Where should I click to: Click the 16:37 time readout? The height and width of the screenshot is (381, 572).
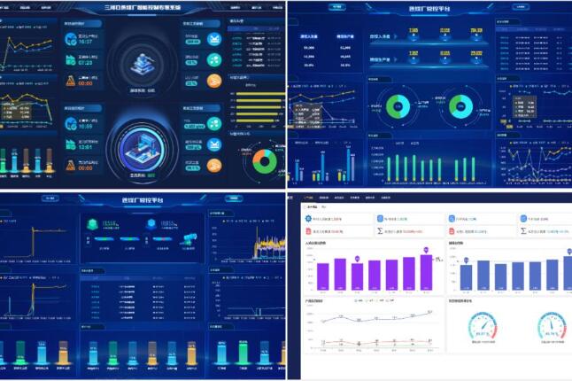click(86, 41)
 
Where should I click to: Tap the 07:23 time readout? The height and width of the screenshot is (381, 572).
click(86, 63)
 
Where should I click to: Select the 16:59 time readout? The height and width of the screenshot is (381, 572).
click(86, 127)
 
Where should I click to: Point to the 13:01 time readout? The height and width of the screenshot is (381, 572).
click(86, 148)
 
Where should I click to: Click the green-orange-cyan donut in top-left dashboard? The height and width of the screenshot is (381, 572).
click(263, 160)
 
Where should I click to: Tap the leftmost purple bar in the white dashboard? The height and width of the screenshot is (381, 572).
click(323, 276)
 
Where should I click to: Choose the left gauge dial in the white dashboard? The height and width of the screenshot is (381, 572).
click(483, 327)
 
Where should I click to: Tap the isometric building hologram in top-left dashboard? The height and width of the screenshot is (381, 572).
click(143, 61)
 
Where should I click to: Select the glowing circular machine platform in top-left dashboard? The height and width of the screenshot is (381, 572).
click(143, 146)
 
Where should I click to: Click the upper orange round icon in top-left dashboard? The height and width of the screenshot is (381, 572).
click(213, 81)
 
